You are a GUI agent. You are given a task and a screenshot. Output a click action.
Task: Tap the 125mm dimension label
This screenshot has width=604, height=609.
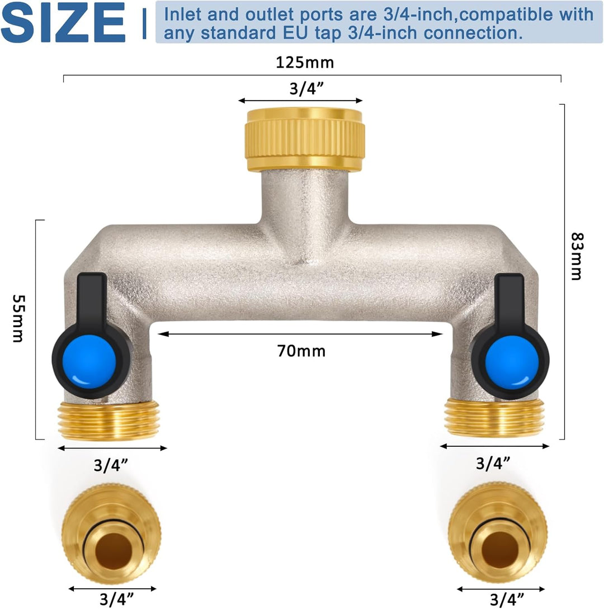pyautogui.click(x=305, y=62)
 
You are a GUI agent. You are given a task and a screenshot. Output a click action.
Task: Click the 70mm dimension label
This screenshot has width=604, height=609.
pyautogui.click(x=301, y=351)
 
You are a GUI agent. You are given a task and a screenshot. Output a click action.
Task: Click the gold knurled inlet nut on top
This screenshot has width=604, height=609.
pyautogui.click(x=305, y=139)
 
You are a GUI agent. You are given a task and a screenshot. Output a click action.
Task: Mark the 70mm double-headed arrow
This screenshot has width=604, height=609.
pyautogui.click(x=301, y=334)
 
